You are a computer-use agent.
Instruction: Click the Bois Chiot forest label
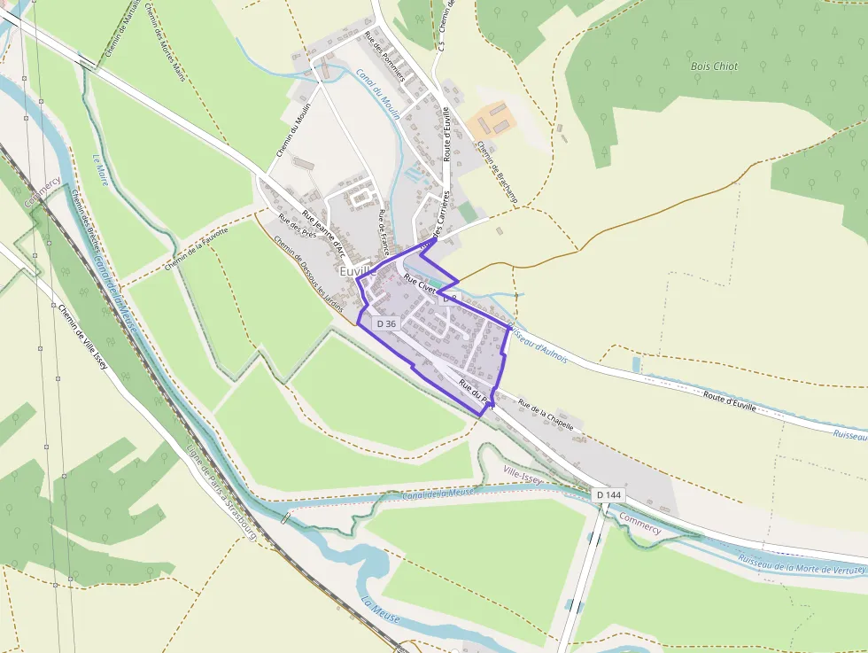714,66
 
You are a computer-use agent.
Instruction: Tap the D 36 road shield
386,324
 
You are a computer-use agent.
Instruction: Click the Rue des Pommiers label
384,57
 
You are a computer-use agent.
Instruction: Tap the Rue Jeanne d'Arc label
322,230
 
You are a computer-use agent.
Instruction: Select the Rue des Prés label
297,227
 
